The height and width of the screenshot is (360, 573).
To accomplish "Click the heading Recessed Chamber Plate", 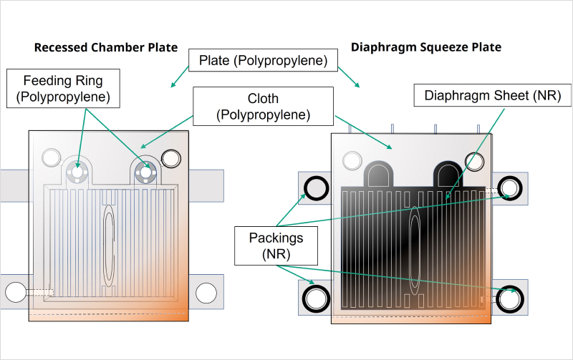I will coord(106,48).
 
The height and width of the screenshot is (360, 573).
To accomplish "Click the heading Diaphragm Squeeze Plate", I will coord(425,48).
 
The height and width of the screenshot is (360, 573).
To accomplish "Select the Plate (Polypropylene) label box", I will coord(263,61).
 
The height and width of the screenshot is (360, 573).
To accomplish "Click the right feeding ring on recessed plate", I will coord(147,172).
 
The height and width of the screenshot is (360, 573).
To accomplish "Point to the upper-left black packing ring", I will coord(315,188).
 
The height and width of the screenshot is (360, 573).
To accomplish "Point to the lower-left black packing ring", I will coord(315,296).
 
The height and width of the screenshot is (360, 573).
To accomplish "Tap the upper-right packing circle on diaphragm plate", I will coord(509,188).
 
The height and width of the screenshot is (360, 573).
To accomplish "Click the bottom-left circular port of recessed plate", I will coord(16,292).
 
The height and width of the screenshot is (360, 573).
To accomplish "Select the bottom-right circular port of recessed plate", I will coord(206,292).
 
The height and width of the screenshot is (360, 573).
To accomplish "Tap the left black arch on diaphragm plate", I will coord(379,174).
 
